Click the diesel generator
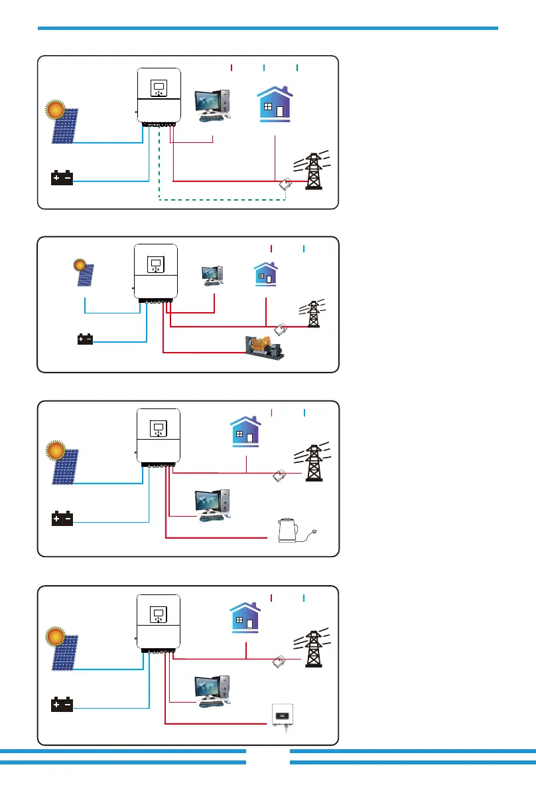tap(264, 347)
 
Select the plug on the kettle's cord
tap(318, 530)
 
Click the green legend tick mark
tap(297, 68)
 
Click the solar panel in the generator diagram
tap(87, 274)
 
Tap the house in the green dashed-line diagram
tap(275, 104)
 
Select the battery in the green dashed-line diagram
tap(62, 178)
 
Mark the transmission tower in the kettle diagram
tap(312, 459)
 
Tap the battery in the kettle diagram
tap(62, 519)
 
